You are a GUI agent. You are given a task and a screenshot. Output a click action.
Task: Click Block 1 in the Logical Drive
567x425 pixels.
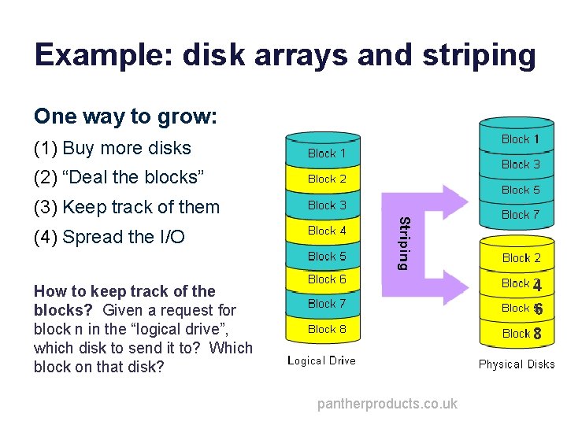pyautogui.click(x=327, y=153)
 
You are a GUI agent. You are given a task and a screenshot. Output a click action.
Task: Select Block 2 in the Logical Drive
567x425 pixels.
pyautogui.click(x=327, y=179)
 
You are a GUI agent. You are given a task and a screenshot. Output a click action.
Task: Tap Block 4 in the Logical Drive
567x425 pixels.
pyautogui.click(x=327, y=231)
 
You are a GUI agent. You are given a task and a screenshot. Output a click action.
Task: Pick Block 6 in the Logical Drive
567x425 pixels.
pyautogui.click(x=327, y=279)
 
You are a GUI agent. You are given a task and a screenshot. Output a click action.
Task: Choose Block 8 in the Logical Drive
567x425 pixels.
pyautogui.click(x=327, y=329)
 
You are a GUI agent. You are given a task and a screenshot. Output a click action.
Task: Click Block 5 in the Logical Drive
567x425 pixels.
pyautogui.click(x=327, y=256)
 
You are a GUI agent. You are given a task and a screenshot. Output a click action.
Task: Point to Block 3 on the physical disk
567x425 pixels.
pyautogui.click(x=521, y=164)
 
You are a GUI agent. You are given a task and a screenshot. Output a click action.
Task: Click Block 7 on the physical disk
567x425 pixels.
pyautogui.click(x=521, y=214)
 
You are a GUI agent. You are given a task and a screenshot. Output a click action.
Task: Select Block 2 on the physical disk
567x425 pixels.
pyautogui.click(x=521, y=258)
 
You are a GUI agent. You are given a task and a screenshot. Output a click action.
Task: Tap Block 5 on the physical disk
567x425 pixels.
pyautogui.click(x=521, y=190)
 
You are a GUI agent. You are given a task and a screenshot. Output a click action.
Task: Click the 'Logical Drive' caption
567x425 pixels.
pyautogui.click(x=321, y=360)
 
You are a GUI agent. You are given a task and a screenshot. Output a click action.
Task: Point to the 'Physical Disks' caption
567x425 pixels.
pyautogui.click(x=517, y=364)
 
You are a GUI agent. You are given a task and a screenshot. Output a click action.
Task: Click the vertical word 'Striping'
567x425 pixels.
pyautogui.click(x=402, y=242)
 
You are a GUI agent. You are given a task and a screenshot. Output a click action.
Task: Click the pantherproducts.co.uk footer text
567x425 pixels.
pyautogui.click(x=387, y=404)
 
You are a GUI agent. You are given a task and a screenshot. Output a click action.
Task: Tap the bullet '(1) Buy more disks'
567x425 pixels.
pyautogui.click(x=113, y=148)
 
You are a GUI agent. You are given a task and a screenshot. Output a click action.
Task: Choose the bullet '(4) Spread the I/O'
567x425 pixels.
pyautogui.click(x=109, y=237)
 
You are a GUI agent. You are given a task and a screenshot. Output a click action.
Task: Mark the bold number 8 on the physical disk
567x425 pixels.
pyautogui.click(x=537, y=334)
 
